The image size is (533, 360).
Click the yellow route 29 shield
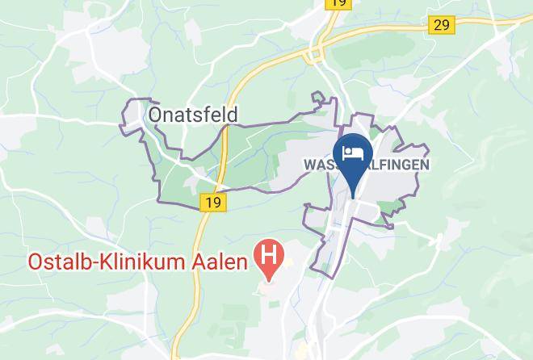441,25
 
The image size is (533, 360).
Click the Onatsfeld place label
193,115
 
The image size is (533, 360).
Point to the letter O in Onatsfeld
157,115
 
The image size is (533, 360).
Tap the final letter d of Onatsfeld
233,115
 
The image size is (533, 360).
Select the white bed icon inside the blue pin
353,151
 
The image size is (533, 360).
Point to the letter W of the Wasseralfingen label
308,165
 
